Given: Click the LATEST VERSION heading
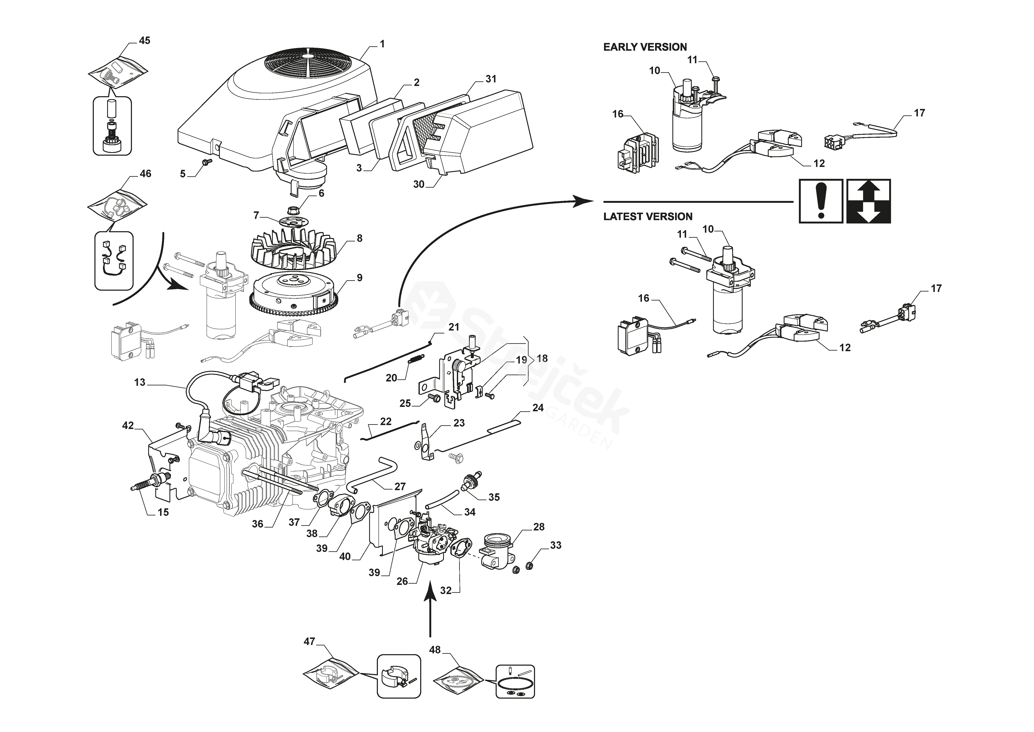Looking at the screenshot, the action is [648, 216].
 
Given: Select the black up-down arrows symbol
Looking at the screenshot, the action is [868, 201].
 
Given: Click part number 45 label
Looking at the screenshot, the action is [144, 40].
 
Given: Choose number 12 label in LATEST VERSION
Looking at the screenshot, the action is [845, 347].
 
